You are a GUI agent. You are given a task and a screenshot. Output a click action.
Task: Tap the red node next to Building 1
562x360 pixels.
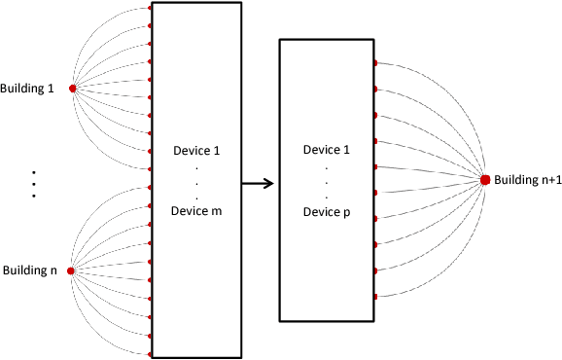tap(72, 89)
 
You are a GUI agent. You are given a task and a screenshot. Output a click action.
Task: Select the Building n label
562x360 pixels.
tap(30, 270)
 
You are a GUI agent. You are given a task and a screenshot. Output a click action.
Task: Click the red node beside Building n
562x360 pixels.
tap(71, 270)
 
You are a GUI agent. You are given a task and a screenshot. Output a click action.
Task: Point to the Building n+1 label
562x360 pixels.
tap(527, 180)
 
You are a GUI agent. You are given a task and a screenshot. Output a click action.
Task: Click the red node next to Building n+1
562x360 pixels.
tap(484, 179)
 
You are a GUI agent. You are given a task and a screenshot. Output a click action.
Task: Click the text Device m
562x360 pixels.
tap(196, 210)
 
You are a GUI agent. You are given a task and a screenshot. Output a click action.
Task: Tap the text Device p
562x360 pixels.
tap(328, 211)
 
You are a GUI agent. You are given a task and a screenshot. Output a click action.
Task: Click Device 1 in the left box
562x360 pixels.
tap(196, 151)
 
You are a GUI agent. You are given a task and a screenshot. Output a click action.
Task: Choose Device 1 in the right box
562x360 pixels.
tap(328, 150)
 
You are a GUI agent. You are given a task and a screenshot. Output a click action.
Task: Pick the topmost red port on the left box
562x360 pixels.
tap(150, 8)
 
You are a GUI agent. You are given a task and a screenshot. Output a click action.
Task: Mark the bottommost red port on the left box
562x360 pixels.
tap(150, 354)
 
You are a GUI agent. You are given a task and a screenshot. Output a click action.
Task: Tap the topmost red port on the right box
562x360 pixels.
tap(375, 63)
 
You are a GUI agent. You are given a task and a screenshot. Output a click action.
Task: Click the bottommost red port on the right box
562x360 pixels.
tap(375, 296)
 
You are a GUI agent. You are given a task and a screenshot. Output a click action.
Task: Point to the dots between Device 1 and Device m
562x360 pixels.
tap(196, 181)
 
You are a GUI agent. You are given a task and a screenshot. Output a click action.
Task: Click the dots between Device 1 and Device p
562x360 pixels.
tap(328, 181)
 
